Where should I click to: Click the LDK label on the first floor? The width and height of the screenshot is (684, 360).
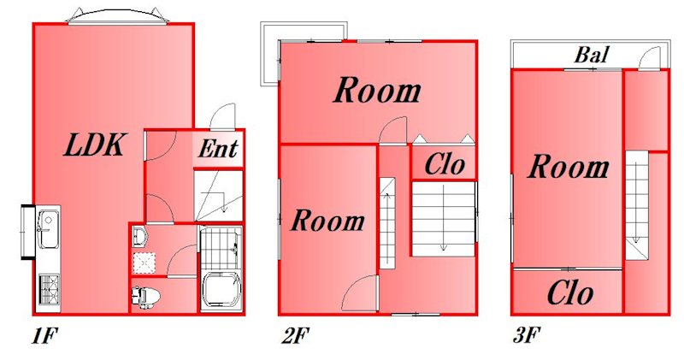[x=95, y=145]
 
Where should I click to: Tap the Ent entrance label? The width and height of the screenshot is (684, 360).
[x=218, y=149]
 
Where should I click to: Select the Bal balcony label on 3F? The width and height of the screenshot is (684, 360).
[x=592, y=55]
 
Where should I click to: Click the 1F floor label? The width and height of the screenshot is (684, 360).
[x=45, y=335]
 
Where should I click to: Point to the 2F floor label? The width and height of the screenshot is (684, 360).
[x=295, y=335]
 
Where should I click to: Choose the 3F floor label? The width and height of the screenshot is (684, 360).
[x=527, y=335]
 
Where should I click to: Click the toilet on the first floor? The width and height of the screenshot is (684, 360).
[x=145, y=297]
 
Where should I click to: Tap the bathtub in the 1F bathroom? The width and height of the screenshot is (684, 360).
[x=221, y=291]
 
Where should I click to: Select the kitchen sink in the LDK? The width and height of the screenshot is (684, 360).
[x=47, y=228]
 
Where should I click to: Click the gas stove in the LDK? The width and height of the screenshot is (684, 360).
[x=49, y=289]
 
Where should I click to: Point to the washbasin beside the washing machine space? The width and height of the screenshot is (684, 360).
[x=140, y=237]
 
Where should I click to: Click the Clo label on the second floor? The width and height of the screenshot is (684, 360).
[x=445, y=165]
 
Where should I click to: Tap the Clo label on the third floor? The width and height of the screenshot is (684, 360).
[x=569, y=292]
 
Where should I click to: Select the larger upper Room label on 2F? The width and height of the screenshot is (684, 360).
[x=377, y=91]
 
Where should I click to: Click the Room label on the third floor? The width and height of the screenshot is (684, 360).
[x=568, y=167]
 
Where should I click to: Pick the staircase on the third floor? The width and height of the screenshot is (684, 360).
[x=636, y=205]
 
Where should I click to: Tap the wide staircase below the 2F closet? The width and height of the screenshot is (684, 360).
[x=444, y=219]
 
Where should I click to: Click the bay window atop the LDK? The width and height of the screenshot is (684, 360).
[x=118, y=15]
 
